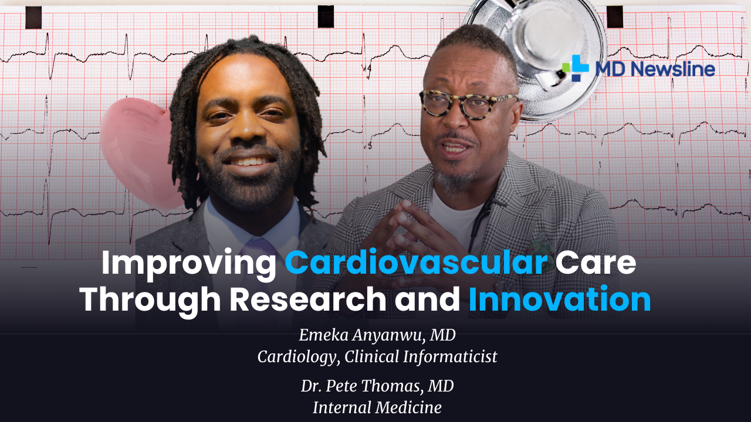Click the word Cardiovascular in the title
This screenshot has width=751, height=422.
pyautogui.click(x=416, y=263)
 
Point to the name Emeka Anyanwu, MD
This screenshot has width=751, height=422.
pyautogui.click(x=377, y=335)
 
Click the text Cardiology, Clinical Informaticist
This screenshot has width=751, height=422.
pyautogui.click(x=377, y=356)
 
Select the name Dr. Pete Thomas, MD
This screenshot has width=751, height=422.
pyautogui.click(x=377, y=386)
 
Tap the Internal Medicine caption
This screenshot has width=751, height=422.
pyautogui.click(x=377, y=407)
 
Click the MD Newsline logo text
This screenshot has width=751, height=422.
pyautogui.click(x=655, y=69)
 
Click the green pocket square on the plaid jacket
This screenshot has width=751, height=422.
pyautogui.click(x=538, y=246)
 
